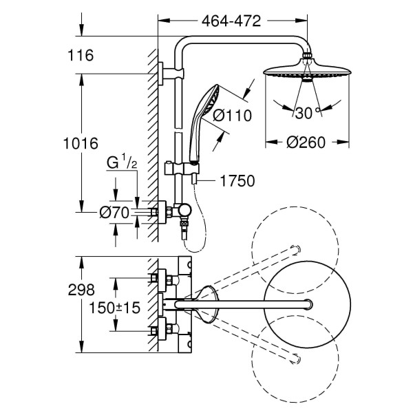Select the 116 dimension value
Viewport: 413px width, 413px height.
(x=81, y=55)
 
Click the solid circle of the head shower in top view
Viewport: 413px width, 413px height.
(x=307, y=304)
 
